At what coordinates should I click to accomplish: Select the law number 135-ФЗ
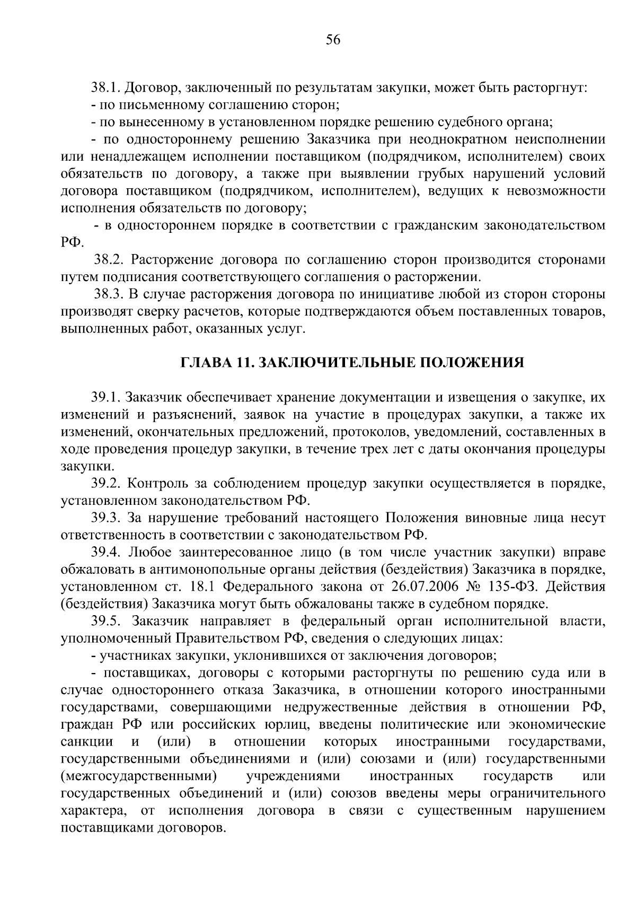[x=510, y=587]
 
